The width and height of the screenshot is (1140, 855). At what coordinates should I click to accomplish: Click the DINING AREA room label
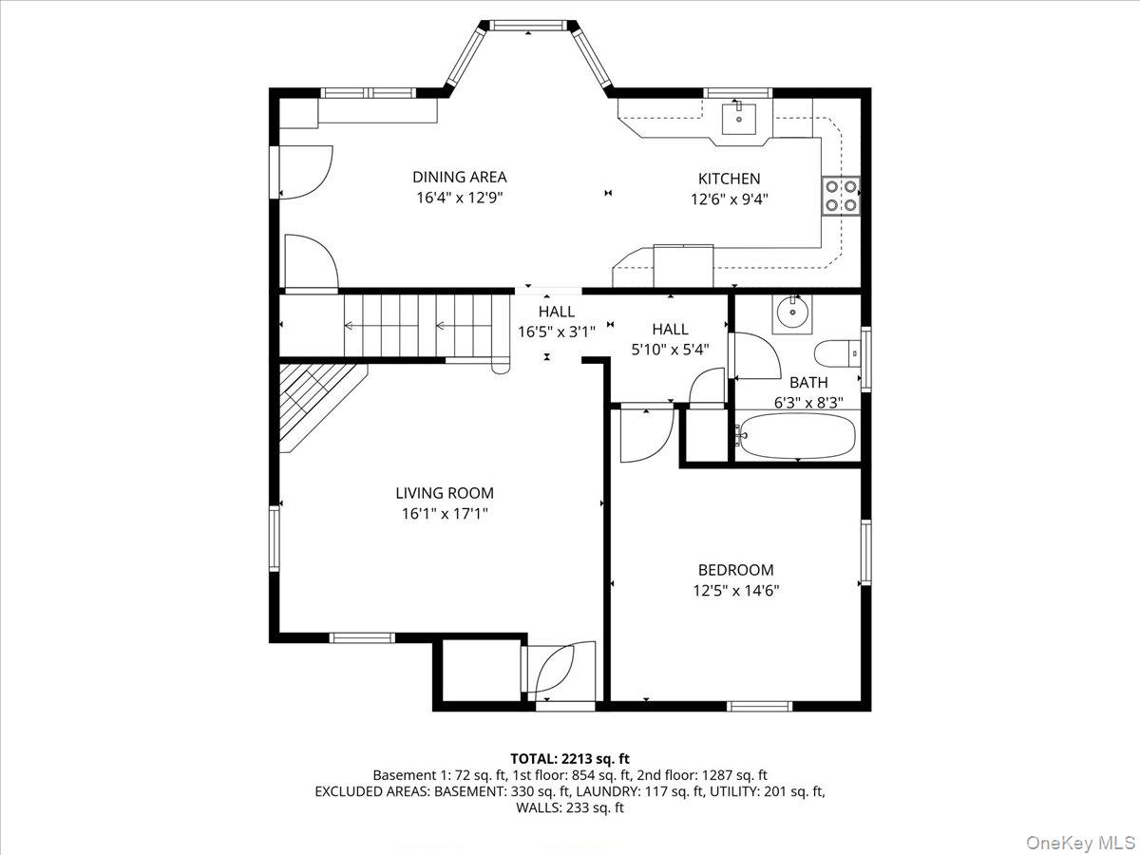pos(459,177)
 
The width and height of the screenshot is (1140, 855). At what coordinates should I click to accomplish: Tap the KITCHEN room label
pos(729,179)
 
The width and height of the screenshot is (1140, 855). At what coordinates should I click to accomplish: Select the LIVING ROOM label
pos(445,493)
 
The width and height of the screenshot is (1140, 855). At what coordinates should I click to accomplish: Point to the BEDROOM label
pos(735,570)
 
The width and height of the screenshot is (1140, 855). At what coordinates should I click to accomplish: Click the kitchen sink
pos(739,120)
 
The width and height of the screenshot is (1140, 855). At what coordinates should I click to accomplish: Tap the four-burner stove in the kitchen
pos(841,196)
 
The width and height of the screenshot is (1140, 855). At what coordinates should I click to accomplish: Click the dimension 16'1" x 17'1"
pos(445,514)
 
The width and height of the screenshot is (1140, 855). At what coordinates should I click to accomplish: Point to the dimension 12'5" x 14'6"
pos(735,590)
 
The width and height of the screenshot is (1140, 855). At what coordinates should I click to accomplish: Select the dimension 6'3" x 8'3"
pos(808,402)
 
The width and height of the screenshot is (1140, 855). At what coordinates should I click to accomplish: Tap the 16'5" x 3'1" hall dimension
pos(557,332)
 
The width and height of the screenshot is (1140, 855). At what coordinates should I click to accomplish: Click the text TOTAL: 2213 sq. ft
pos(570,758)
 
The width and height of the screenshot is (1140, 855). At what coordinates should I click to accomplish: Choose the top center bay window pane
pos(528,26)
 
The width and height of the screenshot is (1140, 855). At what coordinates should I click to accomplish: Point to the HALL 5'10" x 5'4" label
pos(670,338)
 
